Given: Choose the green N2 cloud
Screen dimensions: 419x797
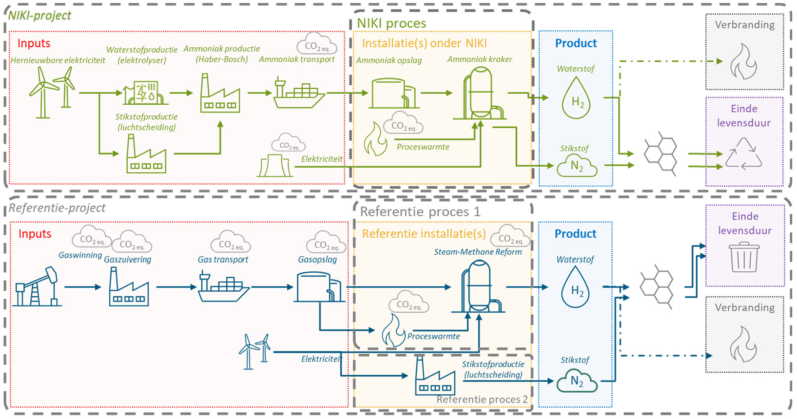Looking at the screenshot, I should click(x=577, y=166).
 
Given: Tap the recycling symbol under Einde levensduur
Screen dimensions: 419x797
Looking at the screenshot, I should click(x=744, y=154).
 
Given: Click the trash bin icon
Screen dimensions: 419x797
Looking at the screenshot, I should click(x=744, y=257).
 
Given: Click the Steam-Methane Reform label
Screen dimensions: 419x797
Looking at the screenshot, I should click(x=478, y=252).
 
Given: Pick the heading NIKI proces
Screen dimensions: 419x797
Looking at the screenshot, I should click(x=391, y=23).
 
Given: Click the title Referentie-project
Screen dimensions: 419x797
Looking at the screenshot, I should click(x=57, y=208).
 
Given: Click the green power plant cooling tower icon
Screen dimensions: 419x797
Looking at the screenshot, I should click(x=275, y=165).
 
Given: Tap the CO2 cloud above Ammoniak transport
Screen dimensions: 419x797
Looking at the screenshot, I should click(x=317, y=44).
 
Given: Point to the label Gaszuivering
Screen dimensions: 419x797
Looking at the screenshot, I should click(x=127, y=260).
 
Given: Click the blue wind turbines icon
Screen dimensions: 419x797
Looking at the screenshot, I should click(x=255, y=351).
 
